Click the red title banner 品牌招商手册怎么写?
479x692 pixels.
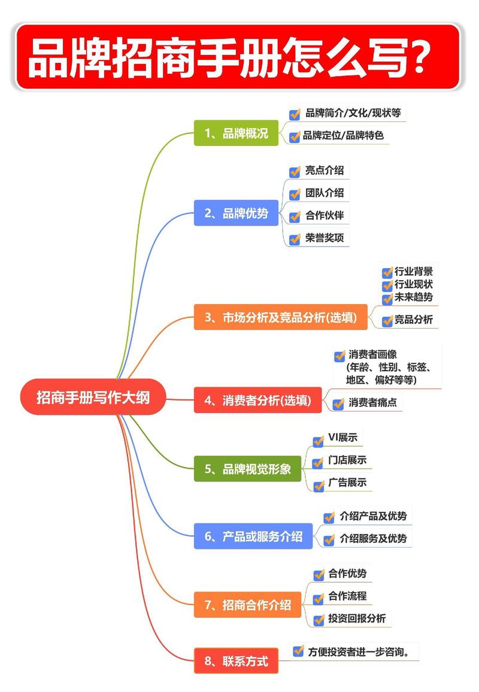[238, 57]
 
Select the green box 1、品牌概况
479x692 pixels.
[236, 133]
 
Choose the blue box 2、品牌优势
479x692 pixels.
[236, 213]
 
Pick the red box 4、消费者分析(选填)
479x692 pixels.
[257, 400]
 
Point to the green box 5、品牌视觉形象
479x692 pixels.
[247, 469]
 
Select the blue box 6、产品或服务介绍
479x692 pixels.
[253, 536]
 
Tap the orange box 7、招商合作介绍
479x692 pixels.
[247, 605]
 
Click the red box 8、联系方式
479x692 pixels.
[236, 661]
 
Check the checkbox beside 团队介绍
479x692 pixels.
[295, 194]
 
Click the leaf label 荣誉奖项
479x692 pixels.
[325, 238]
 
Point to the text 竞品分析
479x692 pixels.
[413, 320]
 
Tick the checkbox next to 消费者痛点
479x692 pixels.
[339, 403]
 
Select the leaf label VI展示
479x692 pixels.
[342, 438]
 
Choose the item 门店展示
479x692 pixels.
[347, 460]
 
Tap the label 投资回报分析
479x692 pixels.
[357, 619]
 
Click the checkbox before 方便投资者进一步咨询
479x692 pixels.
[298, 651]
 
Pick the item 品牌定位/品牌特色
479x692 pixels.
[343, 135]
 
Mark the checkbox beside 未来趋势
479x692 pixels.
[387, 298]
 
